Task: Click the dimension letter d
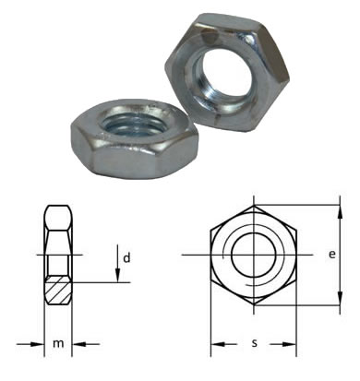[126, 257]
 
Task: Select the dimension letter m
[58, 343]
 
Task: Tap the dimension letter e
[331, 255]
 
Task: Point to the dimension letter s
[254, 343]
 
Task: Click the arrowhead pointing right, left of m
[38, 344]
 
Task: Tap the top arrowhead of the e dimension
[340, 212]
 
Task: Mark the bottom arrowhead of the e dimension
[340, 298]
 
